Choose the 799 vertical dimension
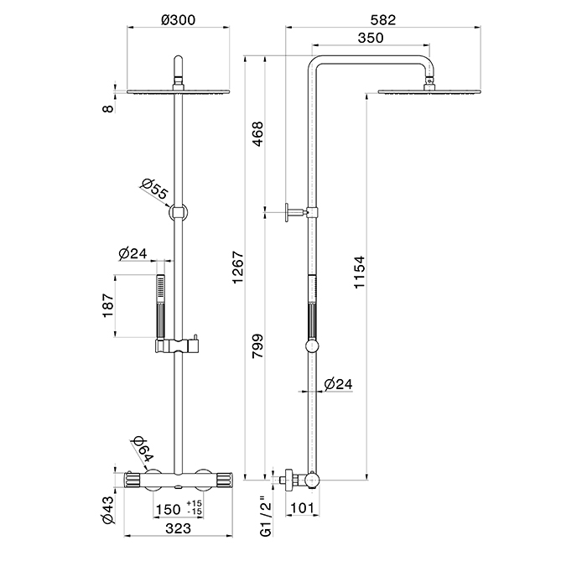click(257, 348)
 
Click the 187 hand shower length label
click(106, 306)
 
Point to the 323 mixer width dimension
click(176, 528)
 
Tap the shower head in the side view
click(429, 91)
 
